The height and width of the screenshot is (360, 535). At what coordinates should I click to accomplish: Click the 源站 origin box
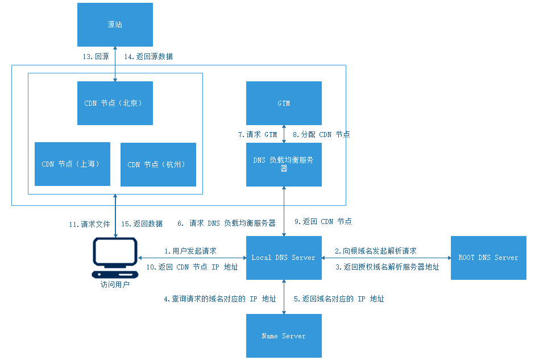(x=115, y=25)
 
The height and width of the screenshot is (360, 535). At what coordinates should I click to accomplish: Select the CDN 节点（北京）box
(x=115, y=103)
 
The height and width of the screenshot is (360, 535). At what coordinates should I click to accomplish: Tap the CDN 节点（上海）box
(x=72, y=164)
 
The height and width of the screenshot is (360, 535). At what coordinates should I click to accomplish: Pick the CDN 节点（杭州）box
(x=158, y=164)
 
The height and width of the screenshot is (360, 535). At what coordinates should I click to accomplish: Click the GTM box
(x=284, y=103)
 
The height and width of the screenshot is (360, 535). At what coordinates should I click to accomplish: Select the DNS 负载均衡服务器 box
(x=284, y=164)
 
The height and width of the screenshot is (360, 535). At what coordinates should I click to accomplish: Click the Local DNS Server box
(x=284, y=258)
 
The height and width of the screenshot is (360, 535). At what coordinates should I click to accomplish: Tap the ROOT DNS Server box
(x=488, y=258)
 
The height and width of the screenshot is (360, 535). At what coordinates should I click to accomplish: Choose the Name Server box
(x=284, y=336)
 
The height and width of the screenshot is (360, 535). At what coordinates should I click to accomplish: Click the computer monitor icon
(x=115, y=255)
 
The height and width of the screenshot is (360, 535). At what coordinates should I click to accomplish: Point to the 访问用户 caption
(x=115, y=284)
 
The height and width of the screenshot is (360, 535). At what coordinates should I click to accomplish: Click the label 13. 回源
(x=96, y=57)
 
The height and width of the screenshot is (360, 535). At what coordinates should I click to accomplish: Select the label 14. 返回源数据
(x=147, y=57)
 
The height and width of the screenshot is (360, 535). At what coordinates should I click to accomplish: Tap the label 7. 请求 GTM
(x=258, y=135)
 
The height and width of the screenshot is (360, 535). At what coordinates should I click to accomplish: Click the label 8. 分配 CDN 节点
(x=321, y=135)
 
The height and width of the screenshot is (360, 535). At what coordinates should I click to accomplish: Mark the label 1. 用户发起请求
(x=190, y=251)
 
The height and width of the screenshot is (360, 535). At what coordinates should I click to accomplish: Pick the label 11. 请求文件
(x=89, y=224)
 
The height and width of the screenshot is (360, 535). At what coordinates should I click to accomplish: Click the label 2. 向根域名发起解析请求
(x=375, y=251)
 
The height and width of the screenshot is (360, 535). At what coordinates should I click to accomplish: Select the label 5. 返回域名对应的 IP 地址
(x=339, y=299)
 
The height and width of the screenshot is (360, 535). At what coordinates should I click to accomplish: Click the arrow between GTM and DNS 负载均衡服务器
(x=284, y=134)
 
